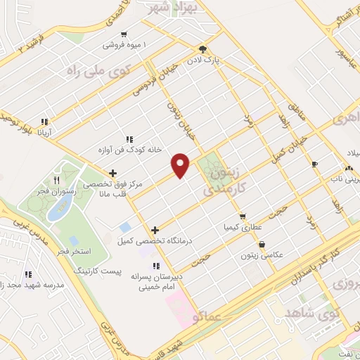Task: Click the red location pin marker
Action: click(181, 165)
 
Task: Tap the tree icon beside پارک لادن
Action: click(203, 49)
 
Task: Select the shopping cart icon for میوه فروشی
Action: click(124, 34)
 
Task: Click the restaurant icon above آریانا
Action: click(45, 121)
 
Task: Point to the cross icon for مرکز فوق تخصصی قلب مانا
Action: click(112, 173)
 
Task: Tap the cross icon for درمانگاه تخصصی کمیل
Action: click(155, 229)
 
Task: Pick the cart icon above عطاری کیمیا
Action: click(243, 217)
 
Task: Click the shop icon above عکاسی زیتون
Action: click(262, 244)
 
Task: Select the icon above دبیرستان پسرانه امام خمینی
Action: click(156, 266)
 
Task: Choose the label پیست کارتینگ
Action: click(98, 270)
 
